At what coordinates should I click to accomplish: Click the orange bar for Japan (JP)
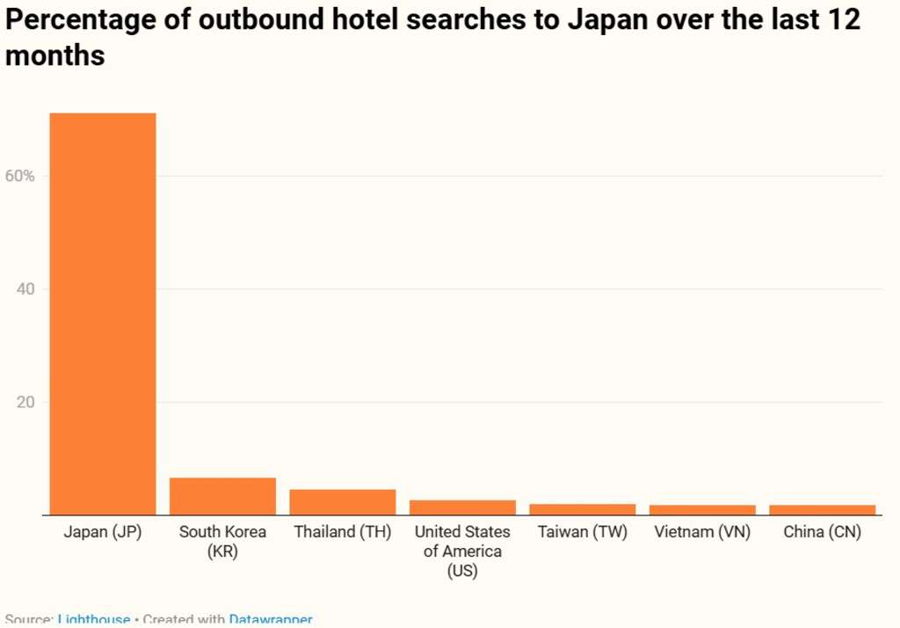click(103, 313)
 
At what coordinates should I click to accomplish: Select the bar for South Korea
click(222, 496)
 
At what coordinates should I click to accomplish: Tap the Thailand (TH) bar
click(343, 501)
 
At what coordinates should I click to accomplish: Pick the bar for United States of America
click(462, 507)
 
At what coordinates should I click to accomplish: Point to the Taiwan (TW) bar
click(583, 509)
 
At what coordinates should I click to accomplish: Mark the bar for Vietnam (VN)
click(702, 510)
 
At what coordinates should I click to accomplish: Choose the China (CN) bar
click(823, 510)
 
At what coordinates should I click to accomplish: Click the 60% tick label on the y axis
click(19, 176)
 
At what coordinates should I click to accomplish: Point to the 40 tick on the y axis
click(25, 289)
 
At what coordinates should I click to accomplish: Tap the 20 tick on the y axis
click(25, 403)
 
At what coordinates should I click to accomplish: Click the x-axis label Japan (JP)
click(103, 532)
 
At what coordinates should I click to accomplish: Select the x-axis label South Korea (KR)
click(222, 542)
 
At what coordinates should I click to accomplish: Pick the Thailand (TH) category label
click(343, 532)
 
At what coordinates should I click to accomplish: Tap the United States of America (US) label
click(462, 551)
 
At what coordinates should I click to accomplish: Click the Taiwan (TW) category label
click(583, 532)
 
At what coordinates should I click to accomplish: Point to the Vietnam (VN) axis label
click(702, 532)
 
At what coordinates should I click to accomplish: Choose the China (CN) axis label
click(823, 532)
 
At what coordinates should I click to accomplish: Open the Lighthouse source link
click(94, 620)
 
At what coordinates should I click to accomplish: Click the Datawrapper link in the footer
click(271, 620)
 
